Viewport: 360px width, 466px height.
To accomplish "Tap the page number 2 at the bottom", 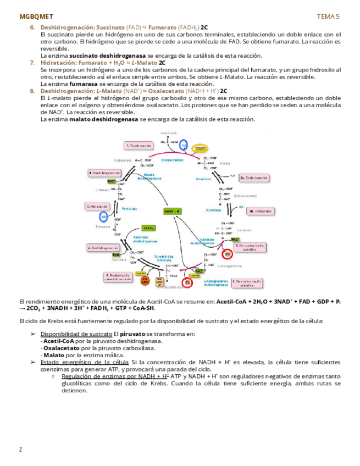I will [21, 450].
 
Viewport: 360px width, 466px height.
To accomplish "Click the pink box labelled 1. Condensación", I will [138, 146].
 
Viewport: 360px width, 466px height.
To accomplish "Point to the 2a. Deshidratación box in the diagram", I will [253, 177].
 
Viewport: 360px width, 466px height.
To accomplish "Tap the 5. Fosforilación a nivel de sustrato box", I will [117, 277].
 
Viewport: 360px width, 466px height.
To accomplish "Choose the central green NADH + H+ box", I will [173, 211].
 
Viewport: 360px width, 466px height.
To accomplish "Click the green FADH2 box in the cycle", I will [148, 228].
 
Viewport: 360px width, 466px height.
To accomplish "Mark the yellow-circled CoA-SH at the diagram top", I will [200, 149].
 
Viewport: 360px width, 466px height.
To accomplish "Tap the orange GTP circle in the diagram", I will [145, 280].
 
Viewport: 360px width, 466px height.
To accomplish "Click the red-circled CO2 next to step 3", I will [228, 254].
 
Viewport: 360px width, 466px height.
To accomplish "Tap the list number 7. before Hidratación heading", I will [32, 63].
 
